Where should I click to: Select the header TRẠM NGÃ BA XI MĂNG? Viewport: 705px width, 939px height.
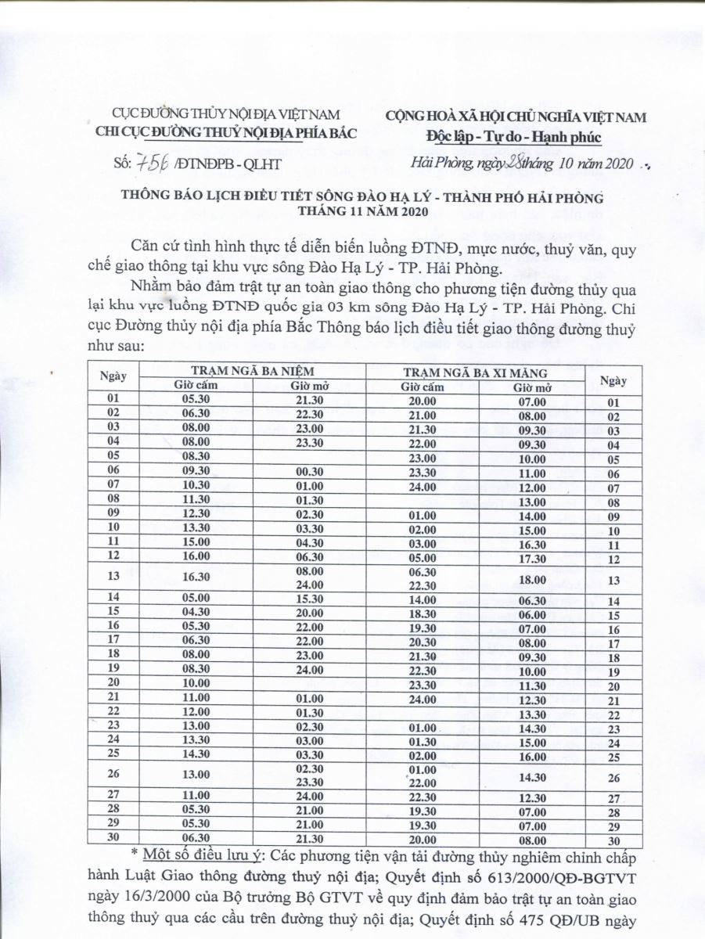coord(474,372)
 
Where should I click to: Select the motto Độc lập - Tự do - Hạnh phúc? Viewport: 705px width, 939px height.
coord(514,137)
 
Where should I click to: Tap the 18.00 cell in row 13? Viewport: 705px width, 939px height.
coord(532,580)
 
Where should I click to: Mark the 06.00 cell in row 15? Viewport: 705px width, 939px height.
coord(532,615)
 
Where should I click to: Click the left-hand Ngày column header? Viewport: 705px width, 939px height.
coord(113,376)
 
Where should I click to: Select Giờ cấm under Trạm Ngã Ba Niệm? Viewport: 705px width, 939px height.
coord(196,386)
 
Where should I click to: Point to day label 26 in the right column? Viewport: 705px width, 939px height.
coord(613,778)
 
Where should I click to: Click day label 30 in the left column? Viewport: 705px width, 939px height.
coord(113,838)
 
